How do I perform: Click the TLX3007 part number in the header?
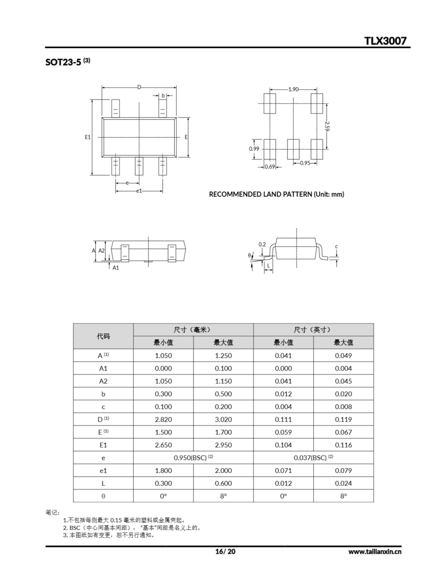385,41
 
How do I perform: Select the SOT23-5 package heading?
63,62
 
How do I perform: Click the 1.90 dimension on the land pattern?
293,89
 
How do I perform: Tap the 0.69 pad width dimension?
270,167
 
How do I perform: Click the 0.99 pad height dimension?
254,149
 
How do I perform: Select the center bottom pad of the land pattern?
293,149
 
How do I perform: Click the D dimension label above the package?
139,87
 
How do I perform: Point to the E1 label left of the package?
88,137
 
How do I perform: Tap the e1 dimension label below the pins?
139,191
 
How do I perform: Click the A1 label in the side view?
116,268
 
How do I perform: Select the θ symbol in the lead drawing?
249,255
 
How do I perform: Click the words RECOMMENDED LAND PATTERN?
261,194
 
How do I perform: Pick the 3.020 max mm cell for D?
223,420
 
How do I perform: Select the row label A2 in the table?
103,381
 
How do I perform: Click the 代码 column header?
103,336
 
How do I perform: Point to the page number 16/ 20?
225,552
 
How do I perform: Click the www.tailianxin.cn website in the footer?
375,552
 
